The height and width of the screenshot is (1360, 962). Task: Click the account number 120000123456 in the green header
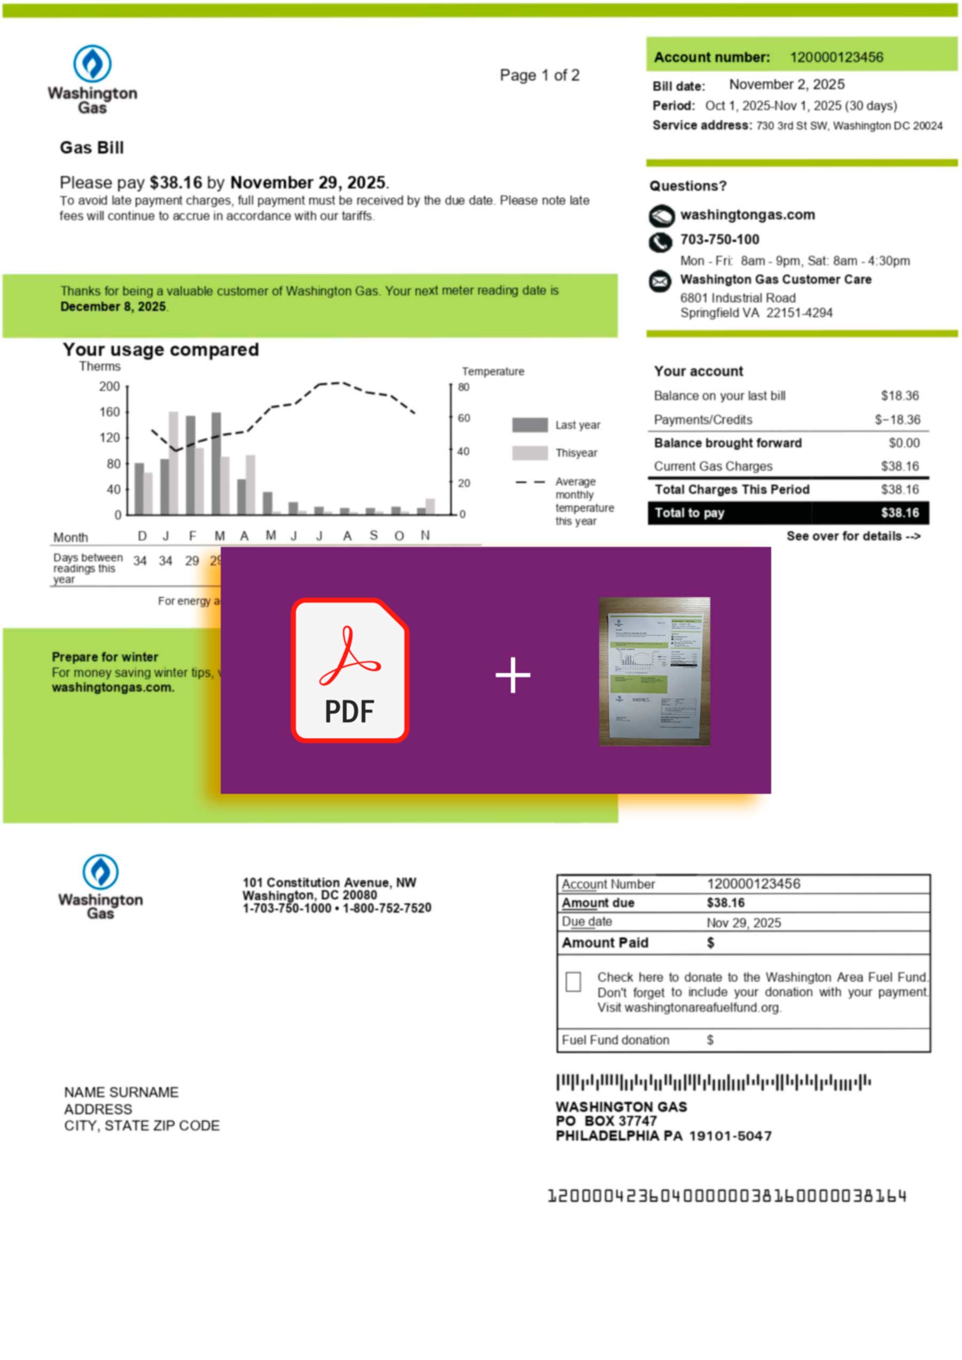[x=836, y=58]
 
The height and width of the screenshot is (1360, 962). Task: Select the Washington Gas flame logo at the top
[x=92, y=64]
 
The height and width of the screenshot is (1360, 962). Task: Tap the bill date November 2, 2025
[x=786, y=85]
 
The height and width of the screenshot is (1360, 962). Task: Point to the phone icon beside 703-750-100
[x=661, y=242]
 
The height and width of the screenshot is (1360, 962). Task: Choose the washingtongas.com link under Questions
[x=747, y=215]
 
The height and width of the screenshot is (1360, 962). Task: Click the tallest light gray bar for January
[x=174, y=462]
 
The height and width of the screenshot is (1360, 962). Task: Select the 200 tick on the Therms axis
[x=110, y=387]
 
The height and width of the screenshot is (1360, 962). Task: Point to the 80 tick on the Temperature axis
[x=463, y=388]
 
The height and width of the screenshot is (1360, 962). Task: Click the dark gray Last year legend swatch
[x=530, y=425]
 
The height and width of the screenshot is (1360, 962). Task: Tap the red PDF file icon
[x=350, y=670]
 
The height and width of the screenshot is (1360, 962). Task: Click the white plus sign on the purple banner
[x=513, y=675]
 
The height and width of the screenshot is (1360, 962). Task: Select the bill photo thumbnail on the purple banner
[x=654, y=671]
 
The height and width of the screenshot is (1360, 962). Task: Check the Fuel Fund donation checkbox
[x=573, y=982]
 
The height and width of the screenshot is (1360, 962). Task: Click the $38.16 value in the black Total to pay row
[x=899, y=513]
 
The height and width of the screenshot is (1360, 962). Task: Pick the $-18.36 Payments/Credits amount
[x=897, y=420]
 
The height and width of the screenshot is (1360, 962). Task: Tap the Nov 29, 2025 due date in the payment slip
[x=743, y=923]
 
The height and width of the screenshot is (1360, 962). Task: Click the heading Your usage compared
[x=160, y=350]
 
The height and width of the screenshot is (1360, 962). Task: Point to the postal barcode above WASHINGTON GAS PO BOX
[x=713, y=1083]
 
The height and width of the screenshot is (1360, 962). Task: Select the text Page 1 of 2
[x=539, y=76]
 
